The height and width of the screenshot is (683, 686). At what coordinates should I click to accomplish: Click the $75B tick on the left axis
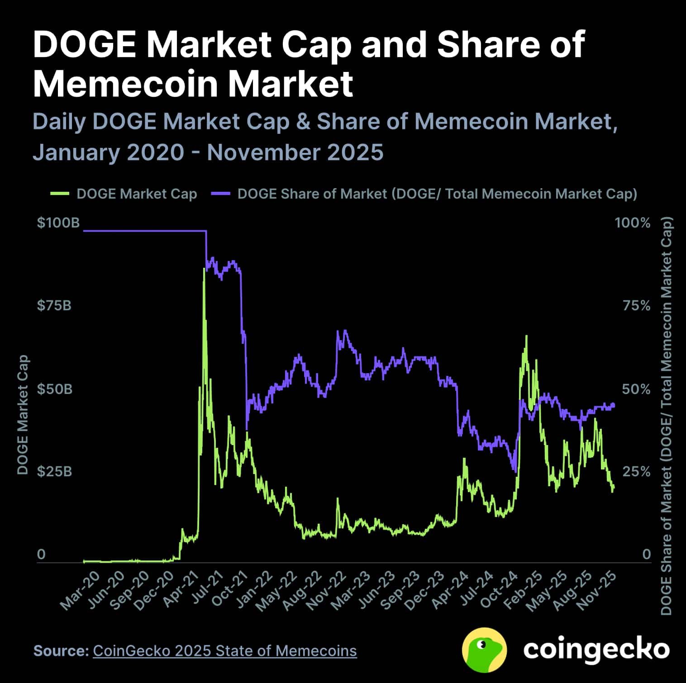point(54,306)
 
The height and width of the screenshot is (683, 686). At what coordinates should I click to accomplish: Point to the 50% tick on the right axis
point(636,389)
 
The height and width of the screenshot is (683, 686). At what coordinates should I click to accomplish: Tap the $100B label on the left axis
point(58,223)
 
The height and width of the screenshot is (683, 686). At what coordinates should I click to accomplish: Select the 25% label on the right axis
point(636,472)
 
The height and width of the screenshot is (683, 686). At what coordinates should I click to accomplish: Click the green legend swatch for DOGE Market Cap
point(59,194)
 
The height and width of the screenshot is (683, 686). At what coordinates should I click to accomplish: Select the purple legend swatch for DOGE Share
point(221,194)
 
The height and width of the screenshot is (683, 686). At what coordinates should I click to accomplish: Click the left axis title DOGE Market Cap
point(23,415)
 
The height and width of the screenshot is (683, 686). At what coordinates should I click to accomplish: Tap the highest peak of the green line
point(204,269)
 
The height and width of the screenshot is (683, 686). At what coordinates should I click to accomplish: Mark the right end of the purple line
point(614,405)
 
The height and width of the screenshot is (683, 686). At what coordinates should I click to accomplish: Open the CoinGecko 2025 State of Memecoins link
point(224,651)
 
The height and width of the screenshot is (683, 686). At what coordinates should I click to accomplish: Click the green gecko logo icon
point(484,650)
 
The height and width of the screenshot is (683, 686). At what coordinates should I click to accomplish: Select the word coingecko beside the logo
point(596,650)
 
